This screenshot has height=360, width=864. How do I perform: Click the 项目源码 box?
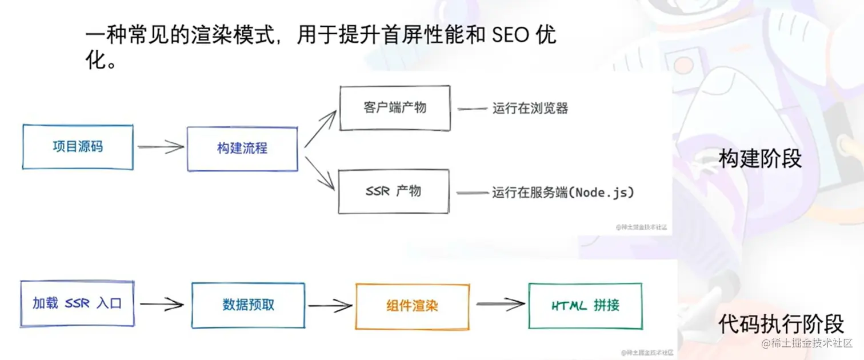click(x=78, y=147)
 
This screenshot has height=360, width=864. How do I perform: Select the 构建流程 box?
click(x=242, y=149)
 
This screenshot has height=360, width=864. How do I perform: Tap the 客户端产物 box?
click(x=395, y=108)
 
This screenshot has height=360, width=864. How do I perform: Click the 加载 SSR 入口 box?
click(x=77, y=303)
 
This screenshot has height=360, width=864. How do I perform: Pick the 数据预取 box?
click(x=248, y=305)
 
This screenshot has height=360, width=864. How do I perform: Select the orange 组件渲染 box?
click(x=411, y=306)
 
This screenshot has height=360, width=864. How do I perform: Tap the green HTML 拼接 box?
click(x=585, y=306)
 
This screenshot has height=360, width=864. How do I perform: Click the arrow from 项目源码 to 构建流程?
click(x=161, y=147)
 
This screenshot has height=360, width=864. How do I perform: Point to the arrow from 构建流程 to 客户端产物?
click(x=320, y=129)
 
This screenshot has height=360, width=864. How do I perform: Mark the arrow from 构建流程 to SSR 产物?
click(x=320, y=171)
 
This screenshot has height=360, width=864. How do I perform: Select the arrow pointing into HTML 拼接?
click(x=499, y=305)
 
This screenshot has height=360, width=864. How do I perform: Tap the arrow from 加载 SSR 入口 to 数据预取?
click(x=162, y=304)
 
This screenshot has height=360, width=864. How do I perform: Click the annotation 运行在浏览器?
click(x=530, y=108)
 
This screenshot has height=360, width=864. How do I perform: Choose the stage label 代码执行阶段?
click(x=781, y=324)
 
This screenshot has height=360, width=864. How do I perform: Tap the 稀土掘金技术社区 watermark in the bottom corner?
click(x=811, y=343)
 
